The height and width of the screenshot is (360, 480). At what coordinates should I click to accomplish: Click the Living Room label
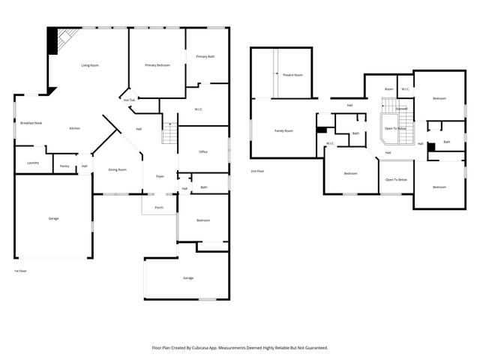point(90,66)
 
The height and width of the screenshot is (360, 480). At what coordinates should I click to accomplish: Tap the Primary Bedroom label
point(157,66)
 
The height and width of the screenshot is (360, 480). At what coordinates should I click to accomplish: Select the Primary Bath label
point(205,57)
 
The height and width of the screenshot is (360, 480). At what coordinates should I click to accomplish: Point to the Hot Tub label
point(129,100)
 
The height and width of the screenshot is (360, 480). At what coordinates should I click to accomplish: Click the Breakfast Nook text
point(31,122)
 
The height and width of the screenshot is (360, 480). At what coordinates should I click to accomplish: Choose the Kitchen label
point(75,128)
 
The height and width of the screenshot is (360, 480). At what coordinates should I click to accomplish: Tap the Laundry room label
point(32,163)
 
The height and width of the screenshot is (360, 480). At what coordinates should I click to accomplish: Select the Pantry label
point(64,166)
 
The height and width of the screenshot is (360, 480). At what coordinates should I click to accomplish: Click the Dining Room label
point(118,169)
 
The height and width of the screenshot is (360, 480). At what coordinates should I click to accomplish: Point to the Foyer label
point(160,176)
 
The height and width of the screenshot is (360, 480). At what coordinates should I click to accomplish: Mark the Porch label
point(159,208)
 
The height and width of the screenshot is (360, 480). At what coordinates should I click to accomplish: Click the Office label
point(202,152)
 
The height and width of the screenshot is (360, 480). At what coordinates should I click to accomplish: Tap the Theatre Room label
point(292,75)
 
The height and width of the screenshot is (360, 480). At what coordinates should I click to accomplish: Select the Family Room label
point(283,130)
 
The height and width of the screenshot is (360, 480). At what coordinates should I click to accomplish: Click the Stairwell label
point(402,109)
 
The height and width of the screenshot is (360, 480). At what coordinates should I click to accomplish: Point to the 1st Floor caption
point(20,271)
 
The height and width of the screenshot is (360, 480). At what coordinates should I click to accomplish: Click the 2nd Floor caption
point(257,171)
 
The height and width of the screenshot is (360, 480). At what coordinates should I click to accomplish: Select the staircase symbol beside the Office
point(169,135)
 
